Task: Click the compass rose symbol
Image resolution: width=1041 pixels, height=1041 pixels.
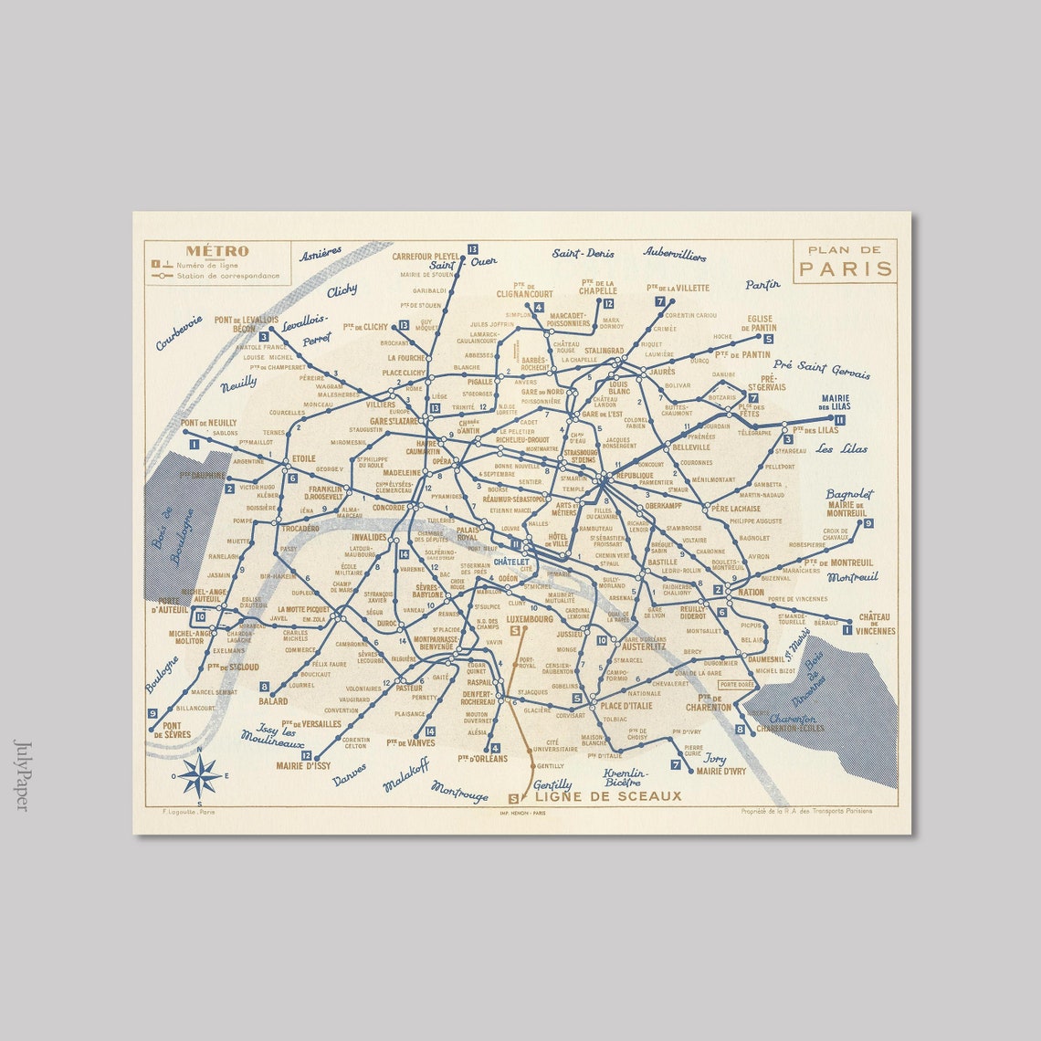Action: tap(200, 776)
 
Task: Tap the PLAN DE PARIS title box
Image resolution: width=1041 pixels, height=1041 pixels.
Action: tap(845, 261)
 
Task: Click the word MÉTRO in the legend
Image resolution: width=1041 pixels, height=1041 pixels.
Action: tap(217, 251)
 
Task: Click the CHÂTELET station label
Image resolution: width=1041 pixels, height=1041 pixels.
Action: tap(511, 562)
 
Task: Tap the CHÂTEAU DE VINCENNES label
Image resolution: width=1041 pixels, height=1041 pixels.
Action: tap(876, 624)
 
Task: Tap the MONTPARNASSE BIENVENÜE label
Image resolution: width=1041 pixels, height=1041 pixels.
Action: tap(434, 644)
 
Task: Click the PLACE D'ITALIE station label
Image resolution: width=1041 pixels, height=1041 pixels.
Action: tap(626, 706)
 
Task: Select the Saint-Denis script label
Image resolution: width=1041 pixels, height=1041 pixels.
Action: tap(583, 253)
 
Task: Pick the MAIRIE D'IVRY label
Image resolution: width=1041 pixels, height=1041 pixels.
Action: tap(720, 771)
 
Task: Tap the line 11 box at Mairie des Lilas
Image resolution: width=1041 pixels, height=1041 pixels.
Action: tap(839, 420)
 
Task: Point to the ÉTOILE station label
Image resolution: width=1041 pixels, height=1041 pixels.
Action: tap(303, 458)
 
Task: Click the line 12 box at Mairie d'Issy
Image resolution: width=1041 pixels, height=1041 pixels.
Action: tap(306, 755)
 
